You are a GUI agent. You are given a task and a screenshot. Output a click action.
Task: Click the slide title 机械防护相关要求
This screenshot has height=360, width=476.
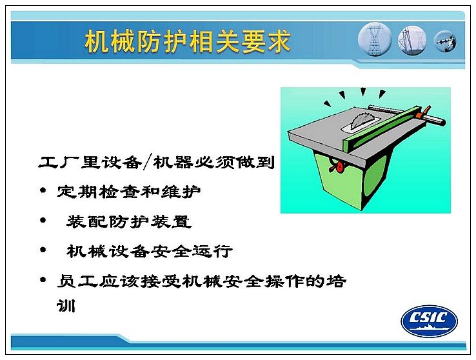tap(187, 41)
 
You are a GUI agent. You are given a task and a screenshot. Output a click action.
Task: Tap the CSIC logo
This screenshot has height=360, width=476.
tap(429, 321)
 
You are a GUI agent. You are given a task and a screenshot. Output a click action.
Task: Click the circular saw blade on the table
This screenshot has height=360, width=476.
tap(360, 120)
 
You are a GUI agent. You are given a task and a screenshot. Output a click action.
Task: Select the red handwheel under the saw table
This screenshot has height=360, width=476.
tap(337, 167)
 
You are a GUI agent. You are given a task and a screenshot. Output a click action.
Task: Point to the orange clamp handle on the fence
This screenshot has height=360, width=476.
tap(424, 113)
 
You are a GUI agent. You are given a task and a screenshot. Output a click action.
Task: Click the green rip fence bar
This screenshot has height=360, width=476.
tap(383, 128)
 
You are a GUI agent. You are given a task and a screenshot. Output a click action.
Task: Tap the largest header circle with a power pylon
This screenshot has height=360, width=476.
tap(375, 39)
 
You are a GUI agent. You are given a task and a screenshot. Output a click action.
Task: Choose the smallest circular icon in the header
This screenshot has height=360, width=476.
tap(445, 41)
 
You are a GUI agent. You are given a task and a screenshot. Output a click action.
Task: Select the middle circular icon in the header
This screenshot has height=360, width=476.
tap(412, 41)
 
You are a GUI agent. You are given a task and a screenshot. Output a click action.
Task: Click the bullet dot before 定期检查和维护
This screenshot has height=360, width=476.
tap(43, 190)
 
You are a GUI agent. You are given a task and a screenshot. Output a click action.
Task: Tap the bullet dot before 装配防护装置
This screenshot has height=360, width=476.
tap(43, 220)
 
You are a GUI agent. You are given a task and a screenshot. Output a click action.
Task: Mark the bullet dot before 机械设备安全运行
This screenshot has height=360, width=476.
tap(43, 250)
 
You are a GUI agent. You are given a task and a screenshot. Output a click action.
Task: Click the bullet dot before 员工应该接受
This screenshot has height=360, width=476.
tap(43, 279)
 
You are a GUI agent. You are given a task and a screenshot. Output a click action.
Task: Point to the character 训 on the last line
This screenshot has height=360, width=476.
tap(66, 305)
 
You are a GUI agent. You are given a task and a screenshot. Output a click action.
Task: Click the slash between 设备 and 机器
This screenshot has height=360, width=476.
tap(146, 162)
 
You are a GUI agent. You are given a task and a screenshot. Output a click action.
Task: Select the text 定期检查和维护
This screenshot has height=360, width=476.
tap(129, 191)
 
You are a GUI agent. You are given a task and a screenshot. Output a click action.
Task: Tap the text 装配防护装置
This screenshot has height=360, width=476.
tap(129, 221)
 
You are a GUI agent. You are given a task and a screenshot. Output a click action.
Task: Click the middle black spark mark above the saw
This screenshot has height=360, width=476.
tap(362, 92)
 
